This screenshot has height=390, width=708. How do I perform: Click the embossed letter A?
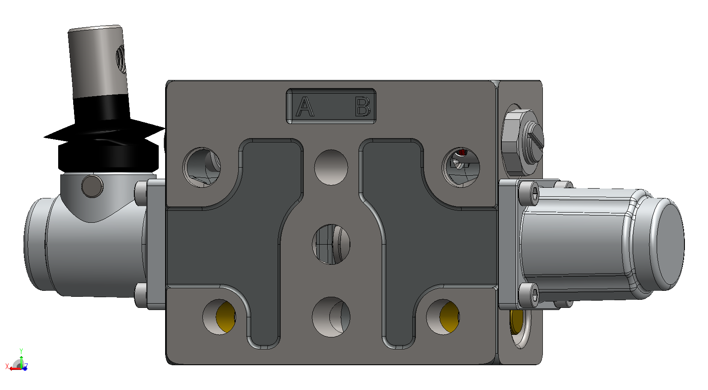coord(305,107)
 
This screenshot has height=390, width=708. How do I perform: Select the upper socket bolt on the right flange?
coord(529,193)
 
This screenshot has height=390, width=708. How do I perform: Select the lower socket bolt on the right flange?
coord(529,295)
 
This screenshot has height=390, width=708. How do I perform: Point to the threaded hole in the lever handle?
coord(121,59)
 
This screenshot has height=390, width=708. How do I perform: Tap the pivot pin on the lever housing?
coord(92,186)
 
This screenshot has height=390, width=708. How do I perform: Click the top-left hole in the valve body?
coord(201,167)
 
